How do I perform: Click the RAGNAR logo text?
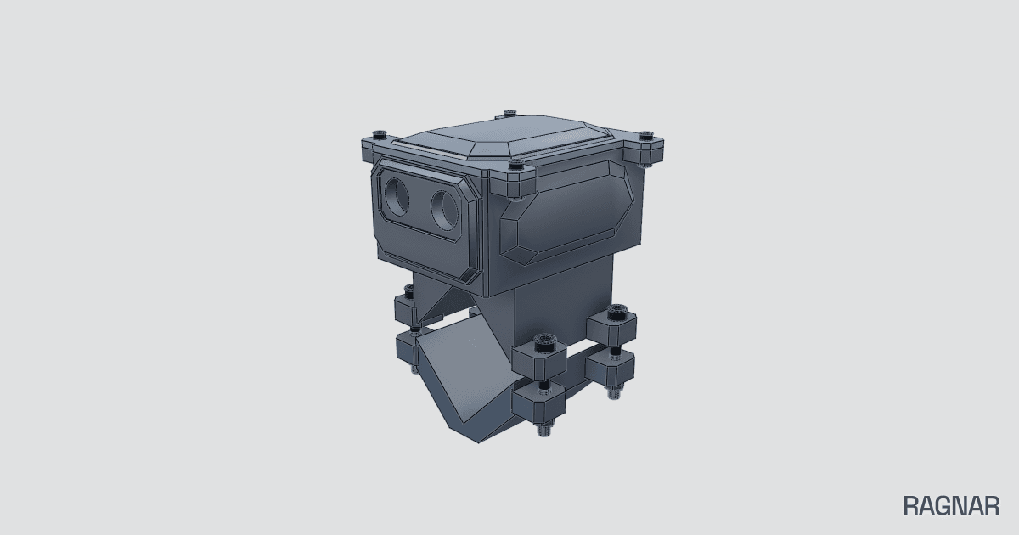point(951,506)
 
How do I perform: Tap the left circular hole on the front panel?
point(397,196)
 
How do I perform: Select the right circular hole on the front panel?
point(444,210)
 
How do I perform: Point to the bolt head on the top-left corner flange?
point(380,135)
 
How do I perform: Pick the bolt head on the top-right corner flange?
point(646,136)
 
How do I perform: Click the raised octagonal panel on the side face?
point(567,211)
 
